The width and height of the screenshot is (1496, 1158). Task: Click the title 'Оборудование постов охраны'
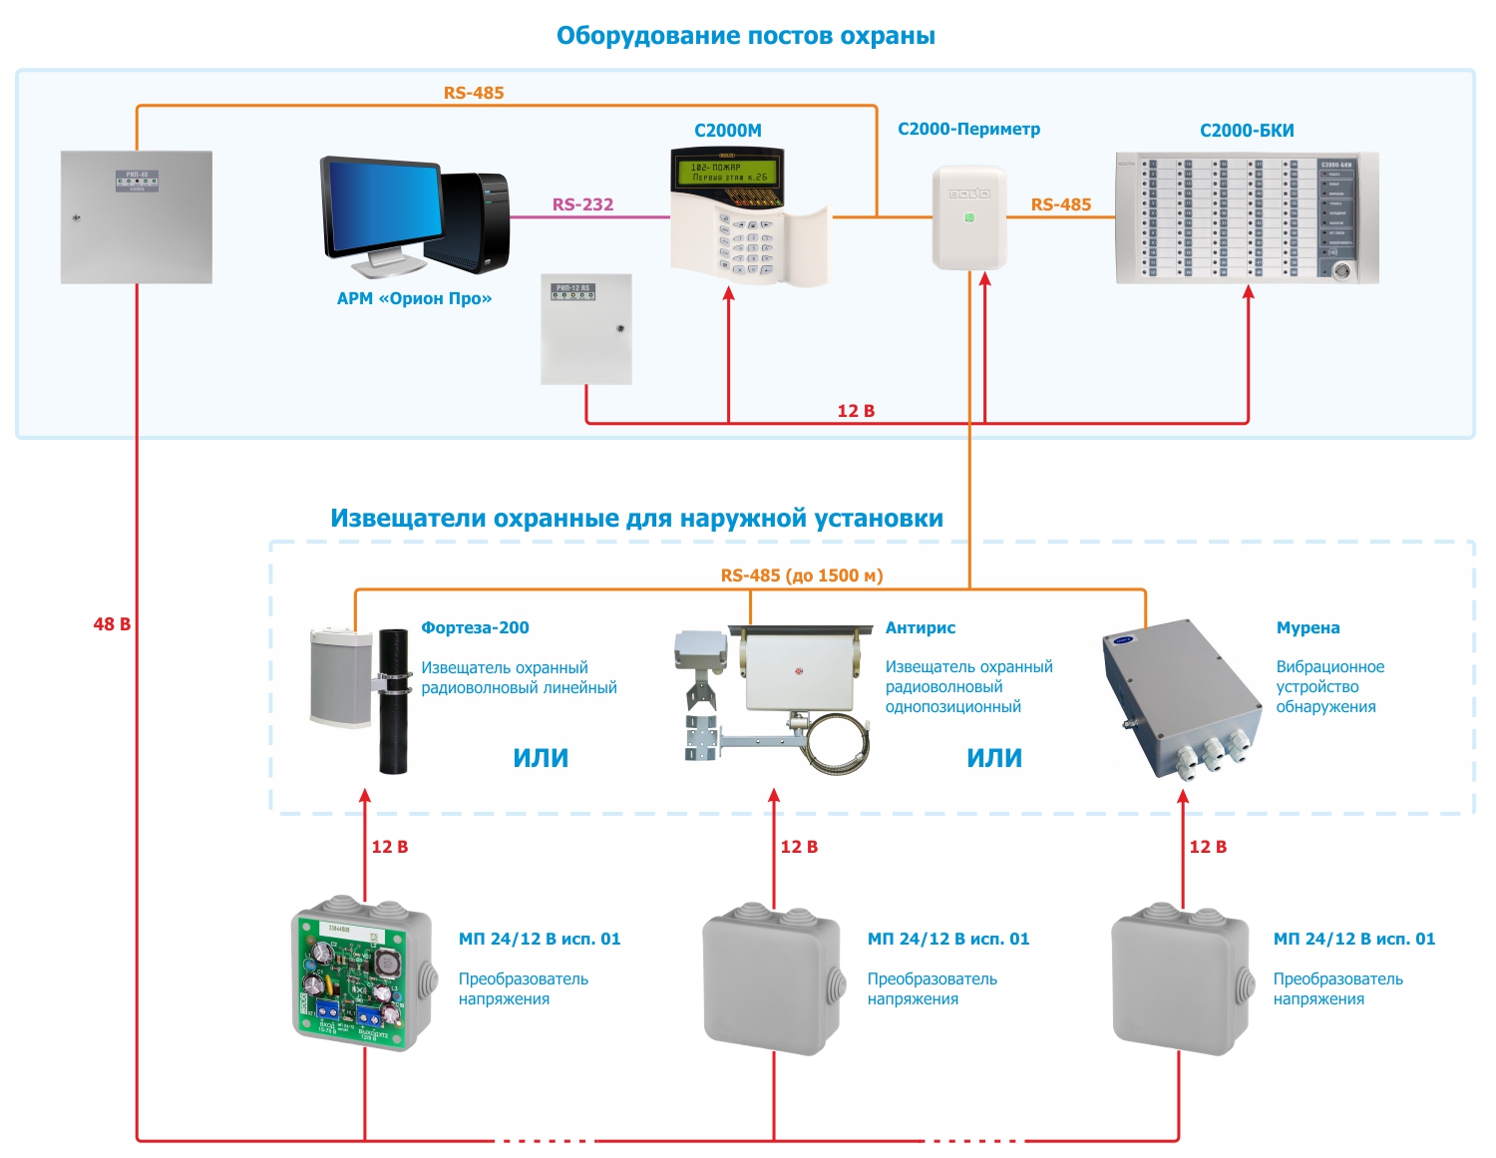pyautogui.click(x=745, y=36)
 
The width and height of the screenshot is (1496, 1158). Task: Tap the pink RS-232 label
pyautogui.click(x=582, y=204)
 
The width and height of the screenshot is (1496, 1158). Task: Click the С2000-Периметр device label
pyautogui.click(x=968, y=129)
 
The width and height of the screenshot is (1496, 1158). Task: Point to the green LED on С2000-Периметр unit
pyautogui.click(x=968, y=216)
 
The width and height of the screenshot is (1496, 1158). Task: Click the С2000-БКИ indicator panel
pyautogui.click(x=1247, y=217)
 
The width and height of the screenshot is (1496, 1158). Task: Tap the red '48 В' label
pyautogui.click(x=112, y=624)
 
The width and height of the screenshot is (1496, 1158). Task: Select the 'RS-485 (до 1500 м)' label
pyautogui.click(x=802, y=576)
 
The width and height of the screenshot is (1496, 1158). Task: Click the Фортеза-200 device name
pyautogui.click(x=475, y=627)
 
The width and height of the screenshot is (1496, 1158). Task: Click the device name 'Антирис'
pyautogui.click(x=920, y=627)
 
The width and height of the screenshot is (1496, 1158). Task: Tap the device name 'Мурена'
pyautogui.click(x=1308, y=627)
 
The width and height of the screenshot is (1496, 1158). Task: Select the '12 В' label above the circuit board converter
pyautogui.click(x=389, y=847)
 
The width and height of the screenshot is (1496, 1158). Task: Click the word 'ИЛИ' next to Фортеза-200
pyautogui.click(x=541, y=758)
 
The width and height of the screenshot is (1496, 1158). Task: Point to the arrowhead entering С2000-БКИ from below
pyautogui.click(x=1248, y=293)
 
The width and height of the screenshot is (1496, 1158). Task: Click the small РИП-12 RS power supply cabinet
pyautogui.click(x=586, y=329)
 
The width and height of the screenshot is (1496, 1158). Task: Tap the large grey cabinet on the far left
pyautogui.click(x=137, y=217)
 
